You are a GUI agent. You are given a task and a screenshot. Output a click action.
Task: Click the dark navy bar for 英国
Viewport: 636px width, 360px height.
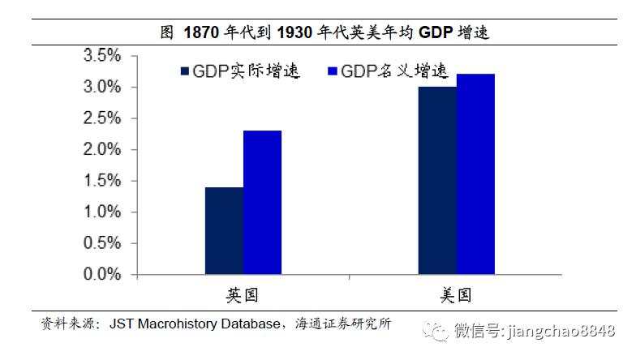tap(224, 231)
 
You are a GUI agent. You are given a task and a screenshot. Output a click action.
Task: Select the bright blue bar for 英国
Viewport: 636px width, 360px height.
tap(262, 203)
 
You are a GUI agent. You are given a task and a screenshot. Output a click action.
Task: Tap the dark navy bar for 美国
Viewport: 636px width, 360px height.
tap(437, 181)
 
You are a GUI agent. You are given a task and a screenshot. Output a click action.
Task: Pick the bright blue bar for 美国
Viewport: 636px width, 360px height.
tap(475, 174)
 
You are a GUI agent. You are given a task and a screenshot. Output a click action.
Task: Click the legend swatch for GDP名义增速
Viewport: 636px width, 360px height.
tap(331, 72)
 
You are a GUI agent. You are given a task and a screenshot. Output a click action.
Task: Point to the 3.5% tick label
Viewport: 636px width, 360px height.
tap(102, 56)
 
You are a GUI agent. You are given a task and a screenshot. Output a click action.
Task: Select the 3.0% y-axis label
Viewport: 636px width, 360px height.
tap(102, 88)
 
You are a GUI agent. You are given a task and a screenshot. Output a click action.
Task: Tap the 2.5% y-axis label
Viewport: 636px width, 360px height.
tap(102, 118)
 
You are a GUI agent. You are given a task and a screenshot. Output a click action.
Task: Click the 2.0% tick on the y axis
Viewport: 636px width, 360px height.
tap(102, 150)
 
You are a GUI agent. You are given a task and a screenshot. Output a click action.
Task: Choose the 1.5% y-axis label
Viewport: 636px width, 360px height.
tap(102, 181)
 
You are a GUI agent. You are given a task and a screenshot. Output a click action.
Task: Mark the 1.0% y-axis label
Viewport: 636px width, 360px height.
tap(102, 212)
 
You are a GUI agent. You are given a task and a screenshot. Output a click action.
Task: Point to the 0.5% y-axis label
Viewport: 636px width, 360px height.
tap(102, 243)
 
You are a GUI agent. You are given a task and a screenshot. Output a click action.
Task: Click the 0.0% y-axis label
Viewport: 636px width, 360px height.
tap(102, 275)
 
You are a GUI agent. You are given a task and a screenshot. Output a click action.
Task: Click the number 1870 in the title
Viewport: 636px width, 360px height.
tap(201, 32)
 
